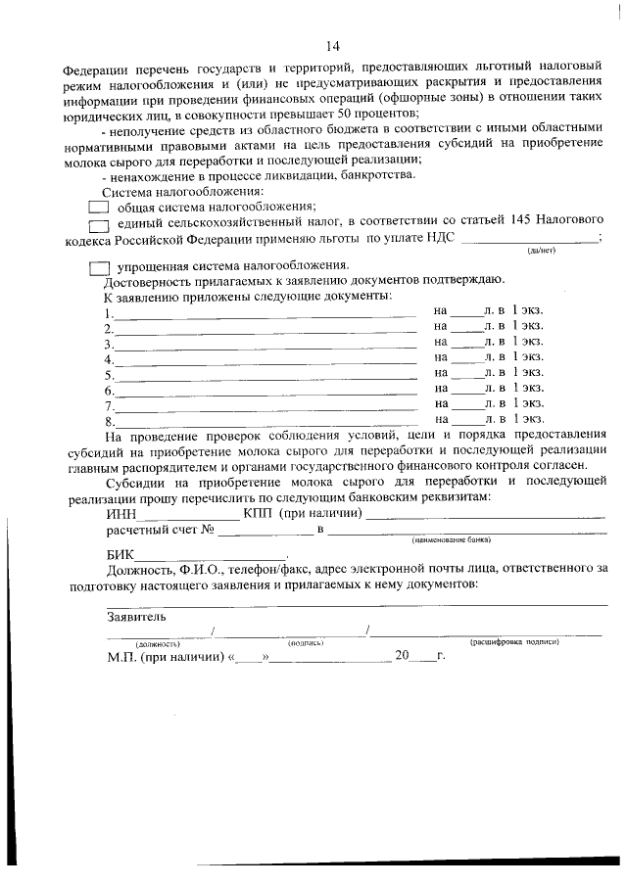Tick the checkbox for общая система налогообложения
(x=97, y=207)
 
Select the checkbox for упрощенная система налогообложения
(x=97, y=266)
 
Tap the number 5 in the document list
(x=109, y=373)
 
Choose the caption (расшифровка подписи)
(x=514, y=643)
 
